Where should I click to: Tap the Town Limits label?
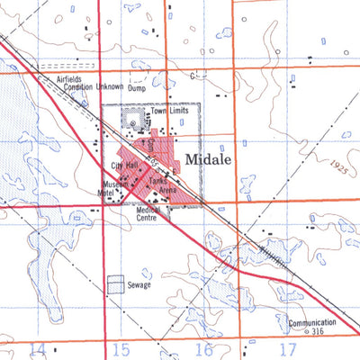pyautogui.click(x=168, y=110)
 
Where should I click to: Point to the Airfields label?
pyautogui.click(x=68, y=79)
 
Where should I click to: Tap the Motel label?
pyautogui.click(x=112, y=193)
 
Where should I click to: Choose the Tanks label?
pyautogui.click(x=159, y=180)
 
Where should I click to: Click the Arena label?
pyautogui.click(x=172, y=189)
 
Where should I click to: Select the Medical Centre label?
pyautogui.click(x=147, y=212)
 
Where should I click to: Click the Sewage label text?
pyautogui.click(x=139, y=285)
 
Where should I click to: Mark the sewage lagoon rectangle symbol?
pyautogui.click(x=116, y=283)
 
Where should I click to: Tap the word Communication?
pyautogui.click(x=311, y=322)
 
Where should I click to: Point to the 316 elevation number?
pyautogui.click(x=315, y=331)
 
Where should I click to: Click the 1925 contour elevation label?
pyautogui.click(x=337, y=168)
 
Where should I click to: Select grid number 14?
pyautogui.click(x=38, y=348)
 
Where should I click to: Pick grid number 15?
pyautogui.click(x=121, y=348)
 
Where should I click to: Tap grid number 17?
pyautogui.click(x=288, y=348)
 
